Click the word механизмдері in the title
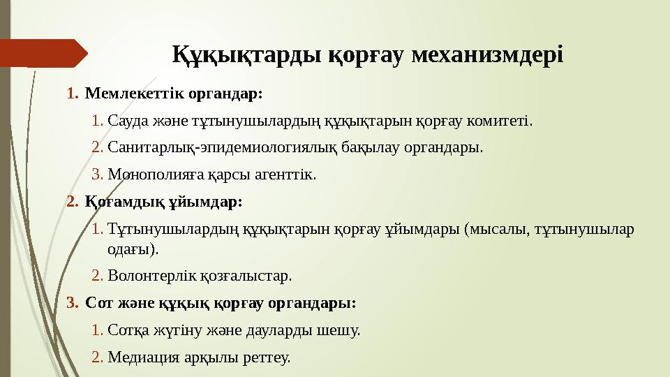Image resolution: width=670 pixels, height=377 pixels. (x=487, y=54)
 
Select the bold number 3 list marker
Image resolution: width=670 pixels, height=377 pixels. (x=70, y=303)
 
